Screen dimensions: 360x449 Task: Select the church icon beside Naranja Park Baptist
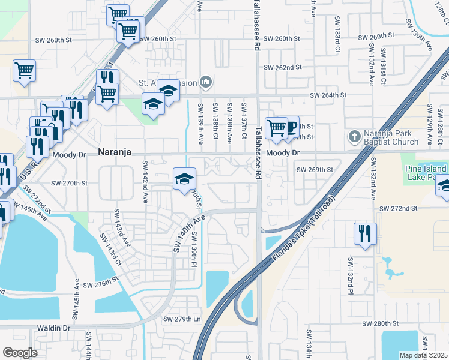[354, 137]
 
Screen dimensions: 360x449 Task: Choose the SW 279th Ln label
[182, 319]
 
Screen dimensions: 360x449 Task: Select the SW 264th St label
[328, 95]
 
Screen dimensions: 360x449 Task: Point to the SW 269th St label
[315, 170]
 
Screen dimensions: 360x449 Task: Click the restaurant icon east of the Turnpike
[365, 233]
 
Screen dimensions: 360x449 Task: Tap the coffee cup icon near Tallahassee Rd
[291, 127]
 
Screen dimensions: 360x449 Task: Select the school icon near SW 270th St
[185, 178]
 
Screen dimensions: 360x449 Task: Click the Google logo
[20, 353]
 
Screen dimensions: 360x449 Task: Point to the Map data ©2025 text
[423, 355]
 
